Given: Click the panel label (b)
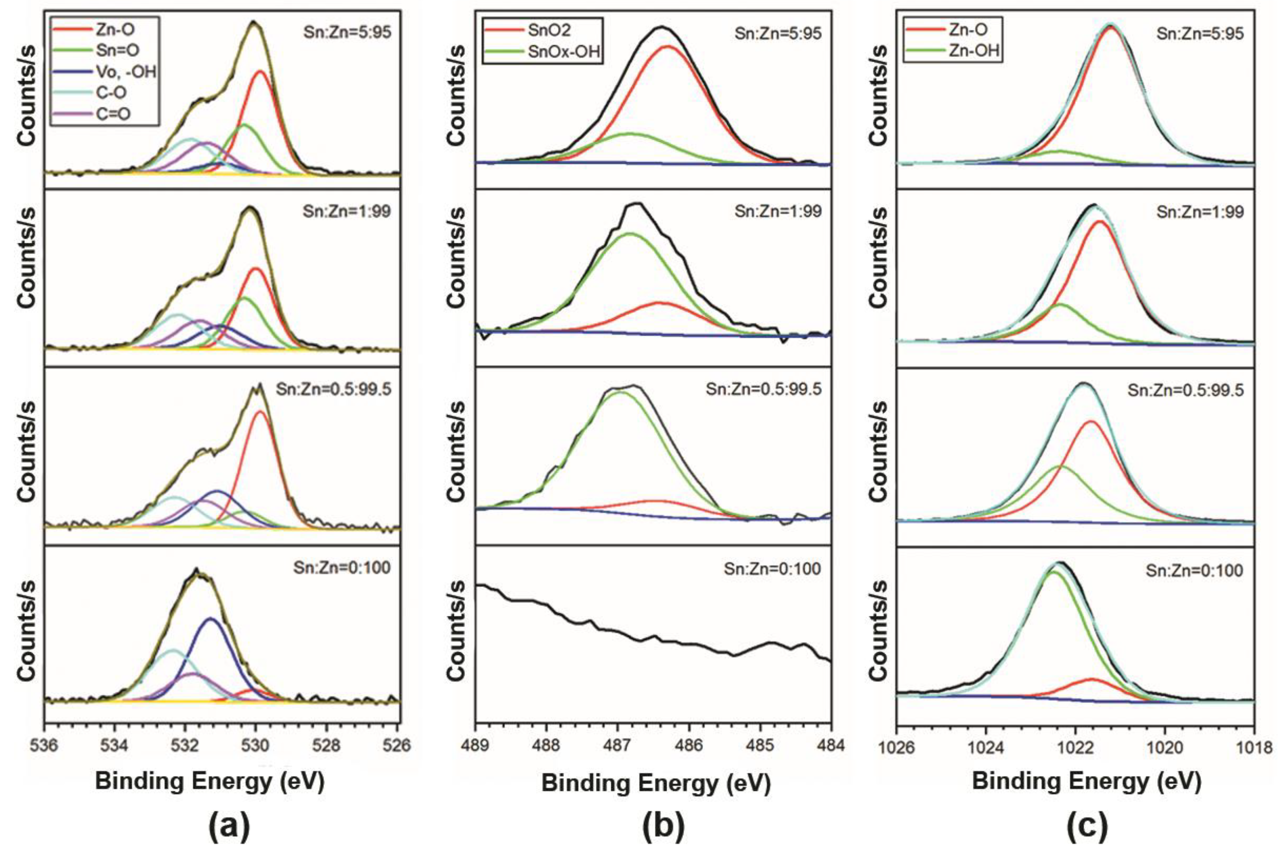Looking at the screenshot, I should click(x=663, y=829).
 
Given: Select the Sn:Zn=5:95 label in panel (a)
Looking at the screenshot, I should click(x=347, y=32).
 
